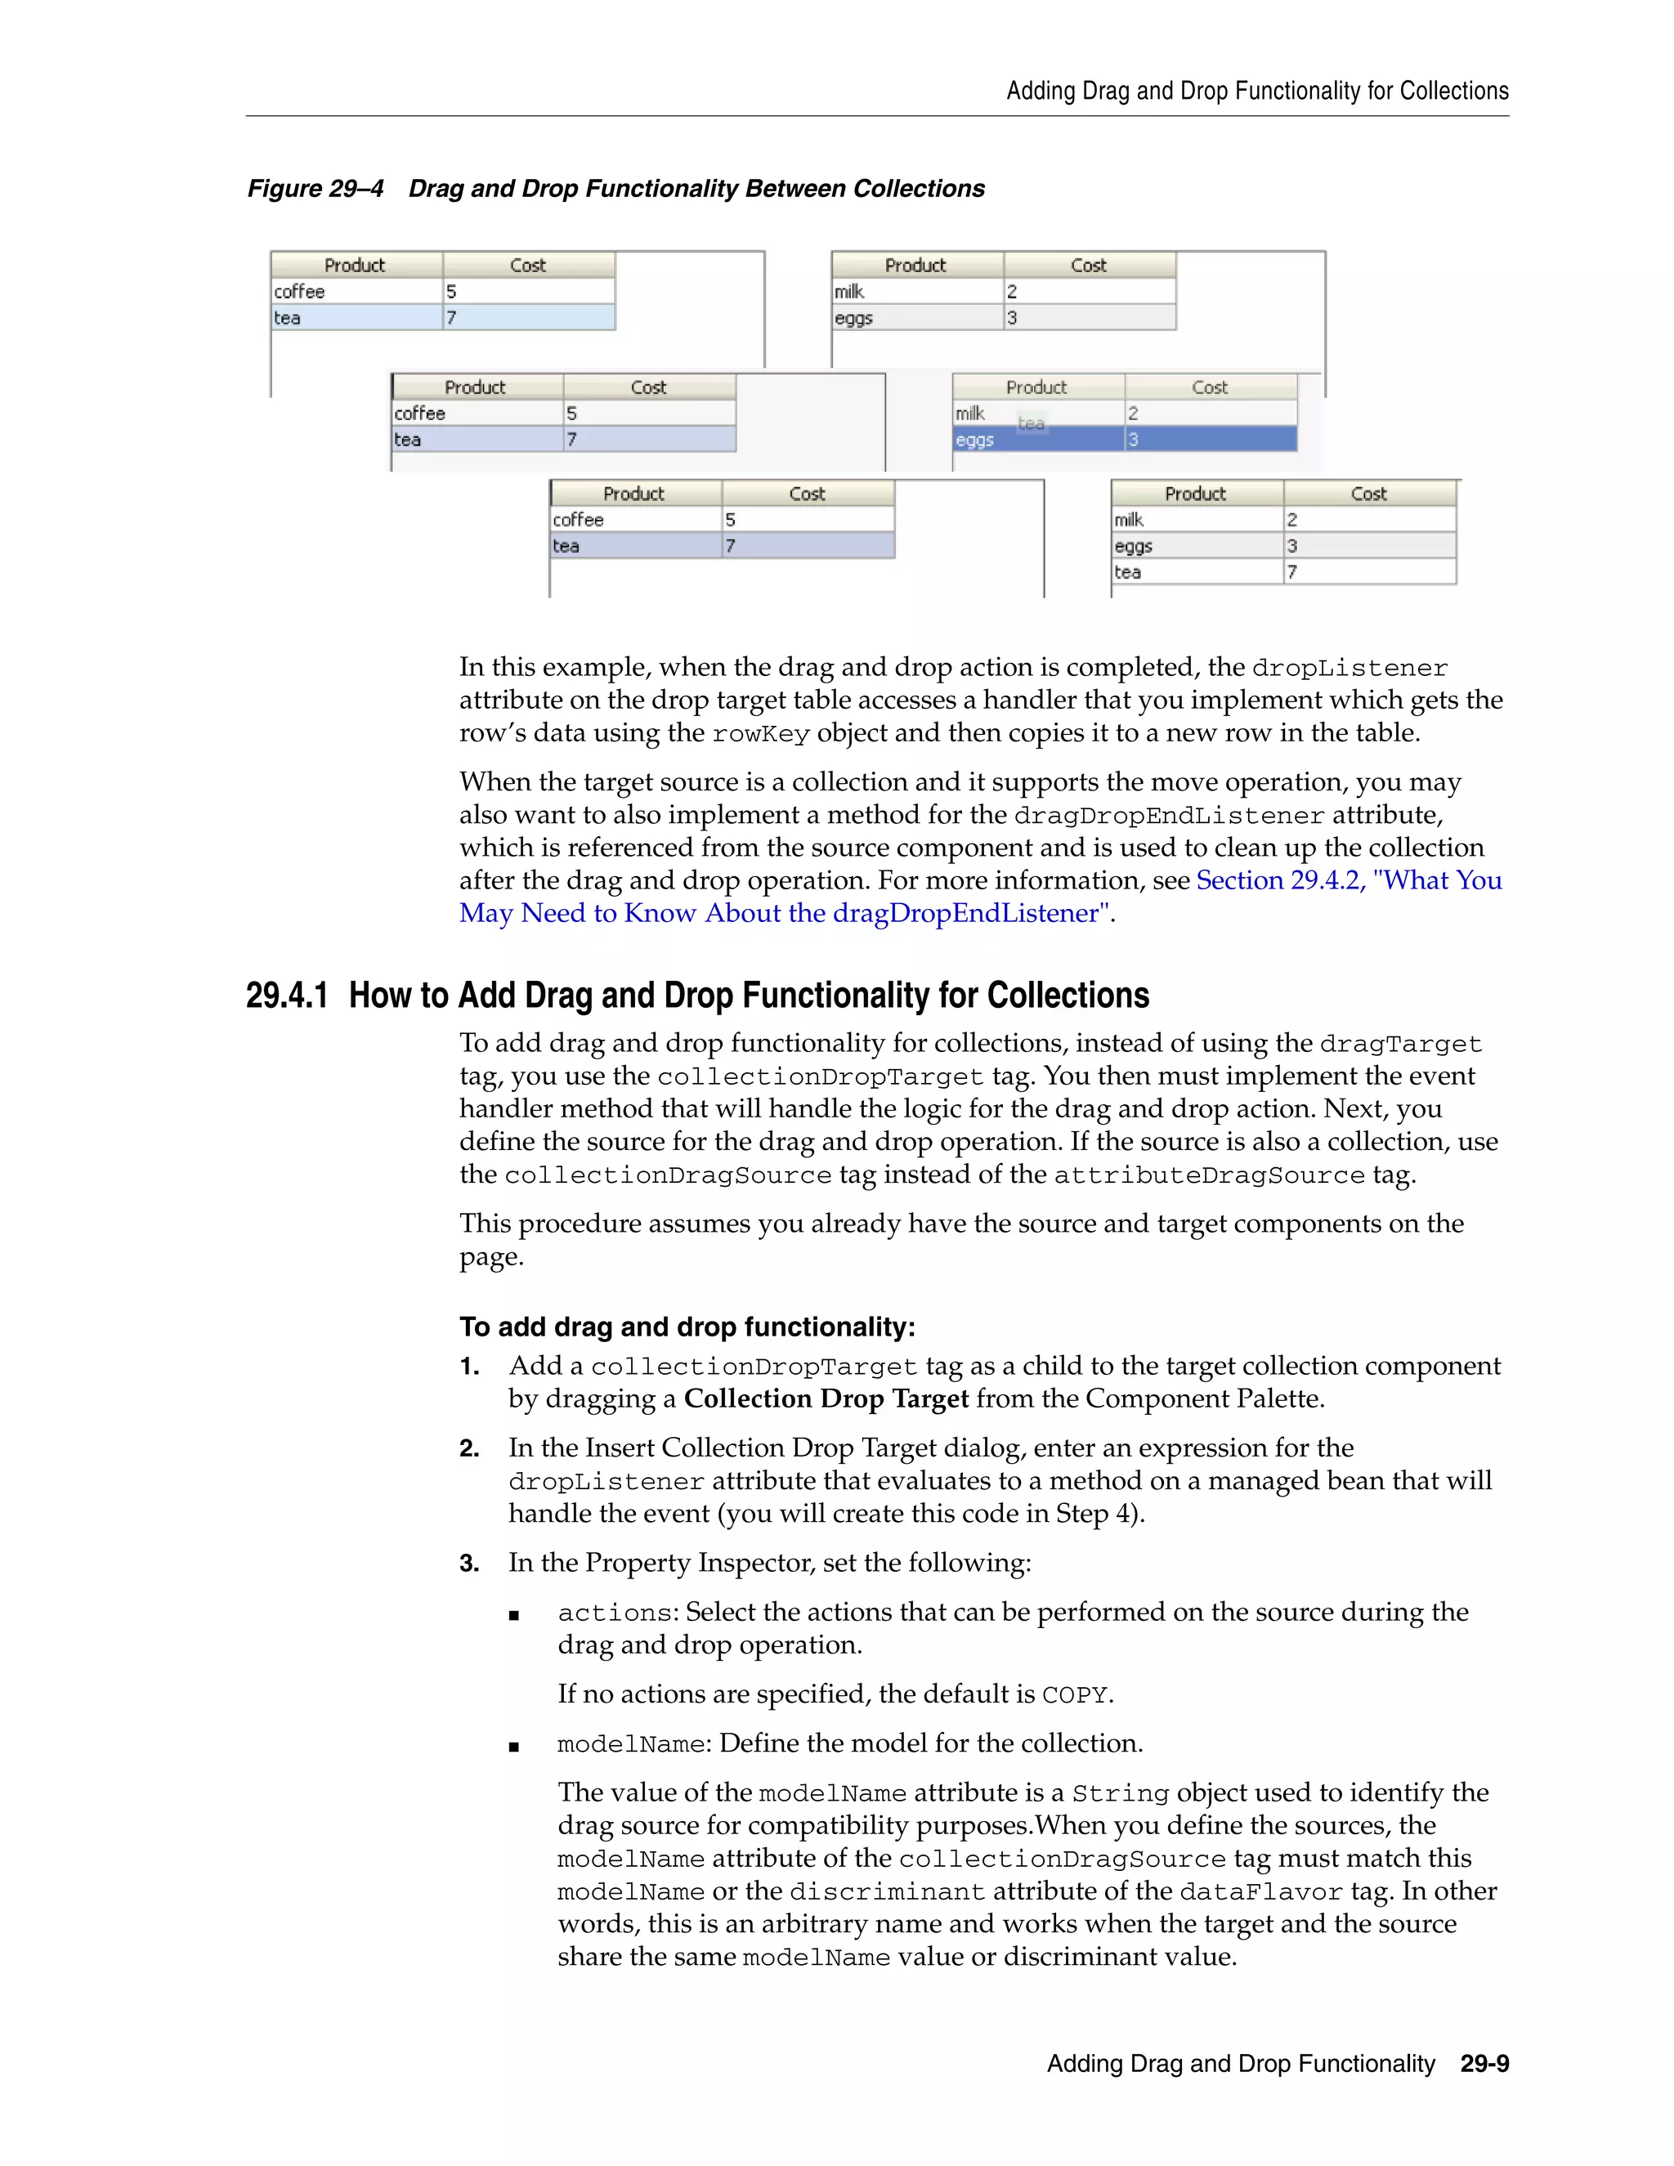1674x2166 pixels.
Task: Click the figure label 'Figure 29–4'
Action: click(x=316, y=189)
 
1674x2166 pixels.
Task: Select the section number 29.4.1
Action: click(x=287, y=995)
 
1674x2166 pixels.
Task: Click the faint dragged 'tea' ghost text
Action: click(x=1032, y=423)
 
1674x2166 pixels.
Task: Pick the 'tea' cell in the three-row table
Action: click(x=1127, y=572)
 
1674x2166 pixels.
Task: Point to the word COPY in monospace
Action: click(x=1074, y=1695)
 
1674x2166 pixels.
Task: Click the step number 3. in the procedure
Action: click(x=469, y=1564)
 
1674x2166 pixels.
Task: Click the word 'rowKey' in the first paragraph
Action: click(x=761, y=734)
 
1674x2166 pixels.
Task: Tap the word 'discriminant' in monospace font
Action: click(x=887, y=1892)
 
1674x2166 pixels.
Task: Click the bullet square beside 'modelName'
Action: click(x=513, y=1747)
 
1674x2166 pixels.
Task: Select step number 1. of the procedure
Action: click(x=469, y=1367)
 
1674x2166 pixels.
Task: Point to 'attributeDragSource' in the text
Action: click(x=1208, y=1175)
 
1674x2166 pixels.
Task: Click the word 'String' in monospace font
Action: click(x=1120, y=1794)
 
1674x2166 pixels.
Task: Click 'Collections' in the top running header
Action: click(x=1454, y=92)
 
